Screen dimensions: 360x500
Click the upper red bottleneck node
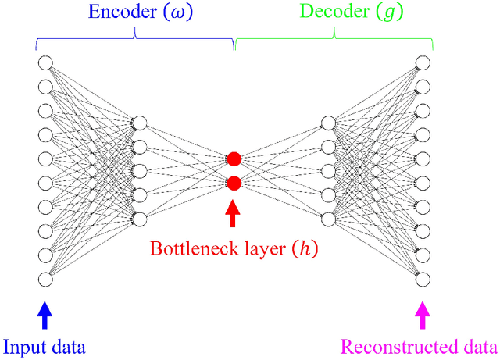point(234,159)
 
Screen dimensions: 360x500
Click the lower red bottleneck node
point(234,184)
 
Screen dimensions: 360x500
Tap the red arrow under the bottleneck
point(234,213)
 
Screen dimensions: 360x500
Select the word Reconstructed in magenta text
point(388,347)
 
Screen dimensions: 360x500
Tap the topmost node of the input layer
point(45,62)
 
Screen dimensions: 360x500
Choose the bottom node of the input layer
point(45,279)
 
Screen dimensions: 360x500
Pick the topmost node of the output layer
point(423,62)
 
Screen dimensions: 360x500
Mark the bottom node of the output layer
point(423,279)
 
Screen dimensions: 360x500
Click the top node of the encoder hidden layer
point(140,123)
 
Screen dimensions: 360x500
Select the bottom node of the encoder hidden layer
point(140,219)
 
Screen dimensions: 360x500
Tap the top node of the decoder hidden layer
point(328,123)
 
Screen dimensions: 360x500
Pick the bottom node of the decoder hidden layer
point(328,219)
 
